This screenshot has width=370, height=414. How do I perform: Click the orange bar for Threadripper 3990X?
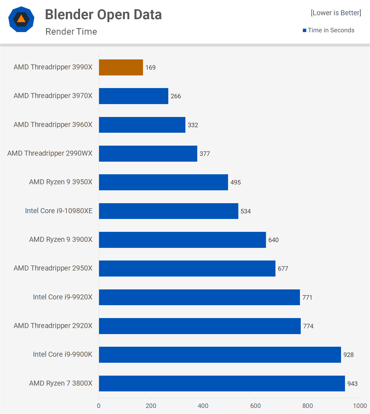tap(121, 68)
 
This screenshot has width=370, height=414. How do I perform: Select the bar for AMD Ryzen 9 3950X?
tap(163, 182)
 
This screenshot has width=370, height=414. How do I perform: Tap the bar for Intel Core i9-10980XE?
tap(169, 211)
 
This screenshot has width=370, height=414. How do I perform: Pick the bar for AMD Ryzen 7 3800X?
tap(222, 384)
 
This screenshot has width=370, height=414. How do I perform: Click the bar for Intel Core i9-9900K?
tap(220, 355)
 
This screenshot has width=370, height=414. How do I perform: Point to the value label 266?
tap(176, 96)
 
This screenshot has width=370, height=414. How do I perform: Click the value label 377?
tap(205, 154)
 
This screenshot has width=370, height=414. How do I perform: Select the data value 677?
tap(283, 269)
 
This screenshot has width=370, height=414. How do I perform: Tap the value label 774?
tap(308, 326)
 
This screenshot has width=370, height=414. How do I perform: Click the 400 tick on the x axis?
tap(203, 406)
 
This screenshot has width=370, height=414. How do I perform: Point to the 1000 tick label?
tap(360, 406)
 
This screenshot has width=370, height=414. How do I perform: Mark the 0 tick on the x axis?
tap(99, 406)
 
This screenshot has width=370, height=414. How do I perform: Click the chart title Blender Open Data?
tap(103, 15)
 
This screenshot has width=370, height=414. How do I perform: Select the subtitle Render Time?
tap(71, 32)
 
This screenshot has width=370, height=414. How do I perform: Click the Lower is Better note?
tap(336, 13)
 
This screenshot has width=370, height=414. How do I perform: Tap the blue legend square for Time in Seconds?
tap(304, 30)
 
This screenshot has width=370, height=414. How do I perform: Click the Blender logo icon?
tap(21, 19)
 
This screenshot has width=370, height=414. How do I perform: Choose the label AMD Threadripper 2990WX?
tap(50, 153)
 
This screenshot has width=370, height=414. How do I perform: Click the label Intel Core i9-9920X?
tap(63, 297)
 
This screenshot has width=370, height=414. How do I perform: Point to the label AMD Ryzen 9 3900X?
tap(61, 239)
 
